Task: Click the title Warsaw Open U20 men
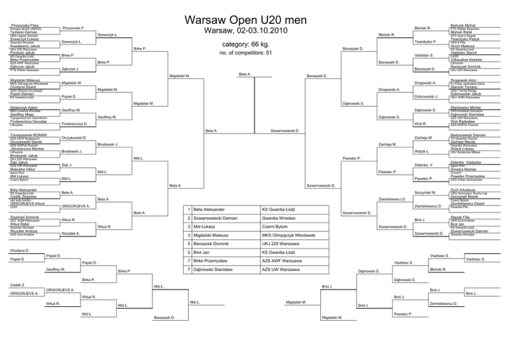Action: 254,14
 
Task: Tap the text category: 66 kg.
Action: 254,44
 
